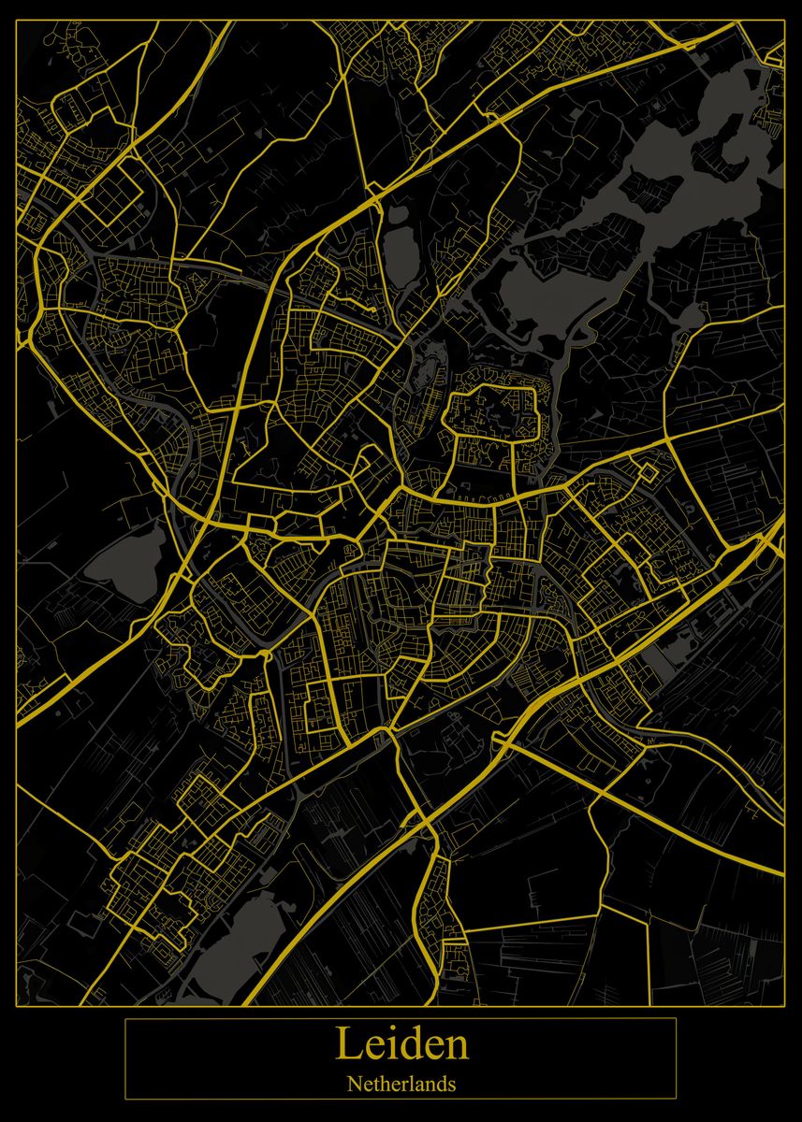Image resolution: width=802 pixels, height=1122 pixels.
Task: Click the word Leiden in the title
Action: coord(401,1044)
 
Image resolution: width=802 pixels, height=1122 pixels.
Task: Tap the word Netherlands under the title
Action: coord(401,1085)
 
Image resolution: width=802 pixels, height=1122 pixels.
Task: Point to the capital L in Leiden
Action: coord(347,1044)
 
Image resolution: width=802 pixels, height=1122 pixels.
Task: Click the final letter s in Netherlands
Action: coord(452,1086)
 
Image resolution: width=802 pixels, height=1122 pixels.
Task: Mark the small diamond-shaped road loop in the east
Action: coord(645,470)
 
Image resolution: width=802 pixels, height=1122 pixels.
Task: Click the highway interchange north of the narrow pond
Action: coord(373,193)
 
